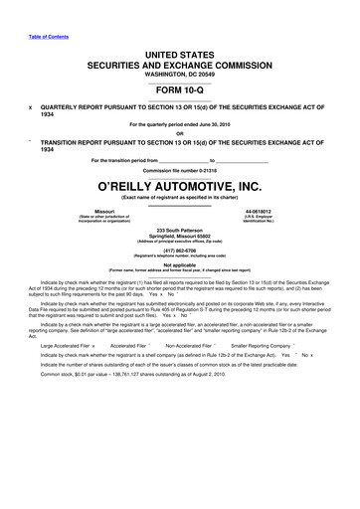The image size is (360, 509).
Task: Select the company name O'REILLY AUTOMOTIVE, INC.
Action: (179, 185)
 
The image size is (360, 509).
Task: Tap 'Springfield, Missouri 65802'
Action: (179, 236)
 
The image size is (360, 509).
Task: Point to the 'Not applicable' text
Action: (179, 264)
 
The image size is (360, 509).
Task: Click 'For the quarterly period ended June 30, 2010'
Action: (179, 124)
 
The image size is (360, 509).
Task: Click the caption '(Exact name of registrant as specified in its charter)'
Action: (179, 198)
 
